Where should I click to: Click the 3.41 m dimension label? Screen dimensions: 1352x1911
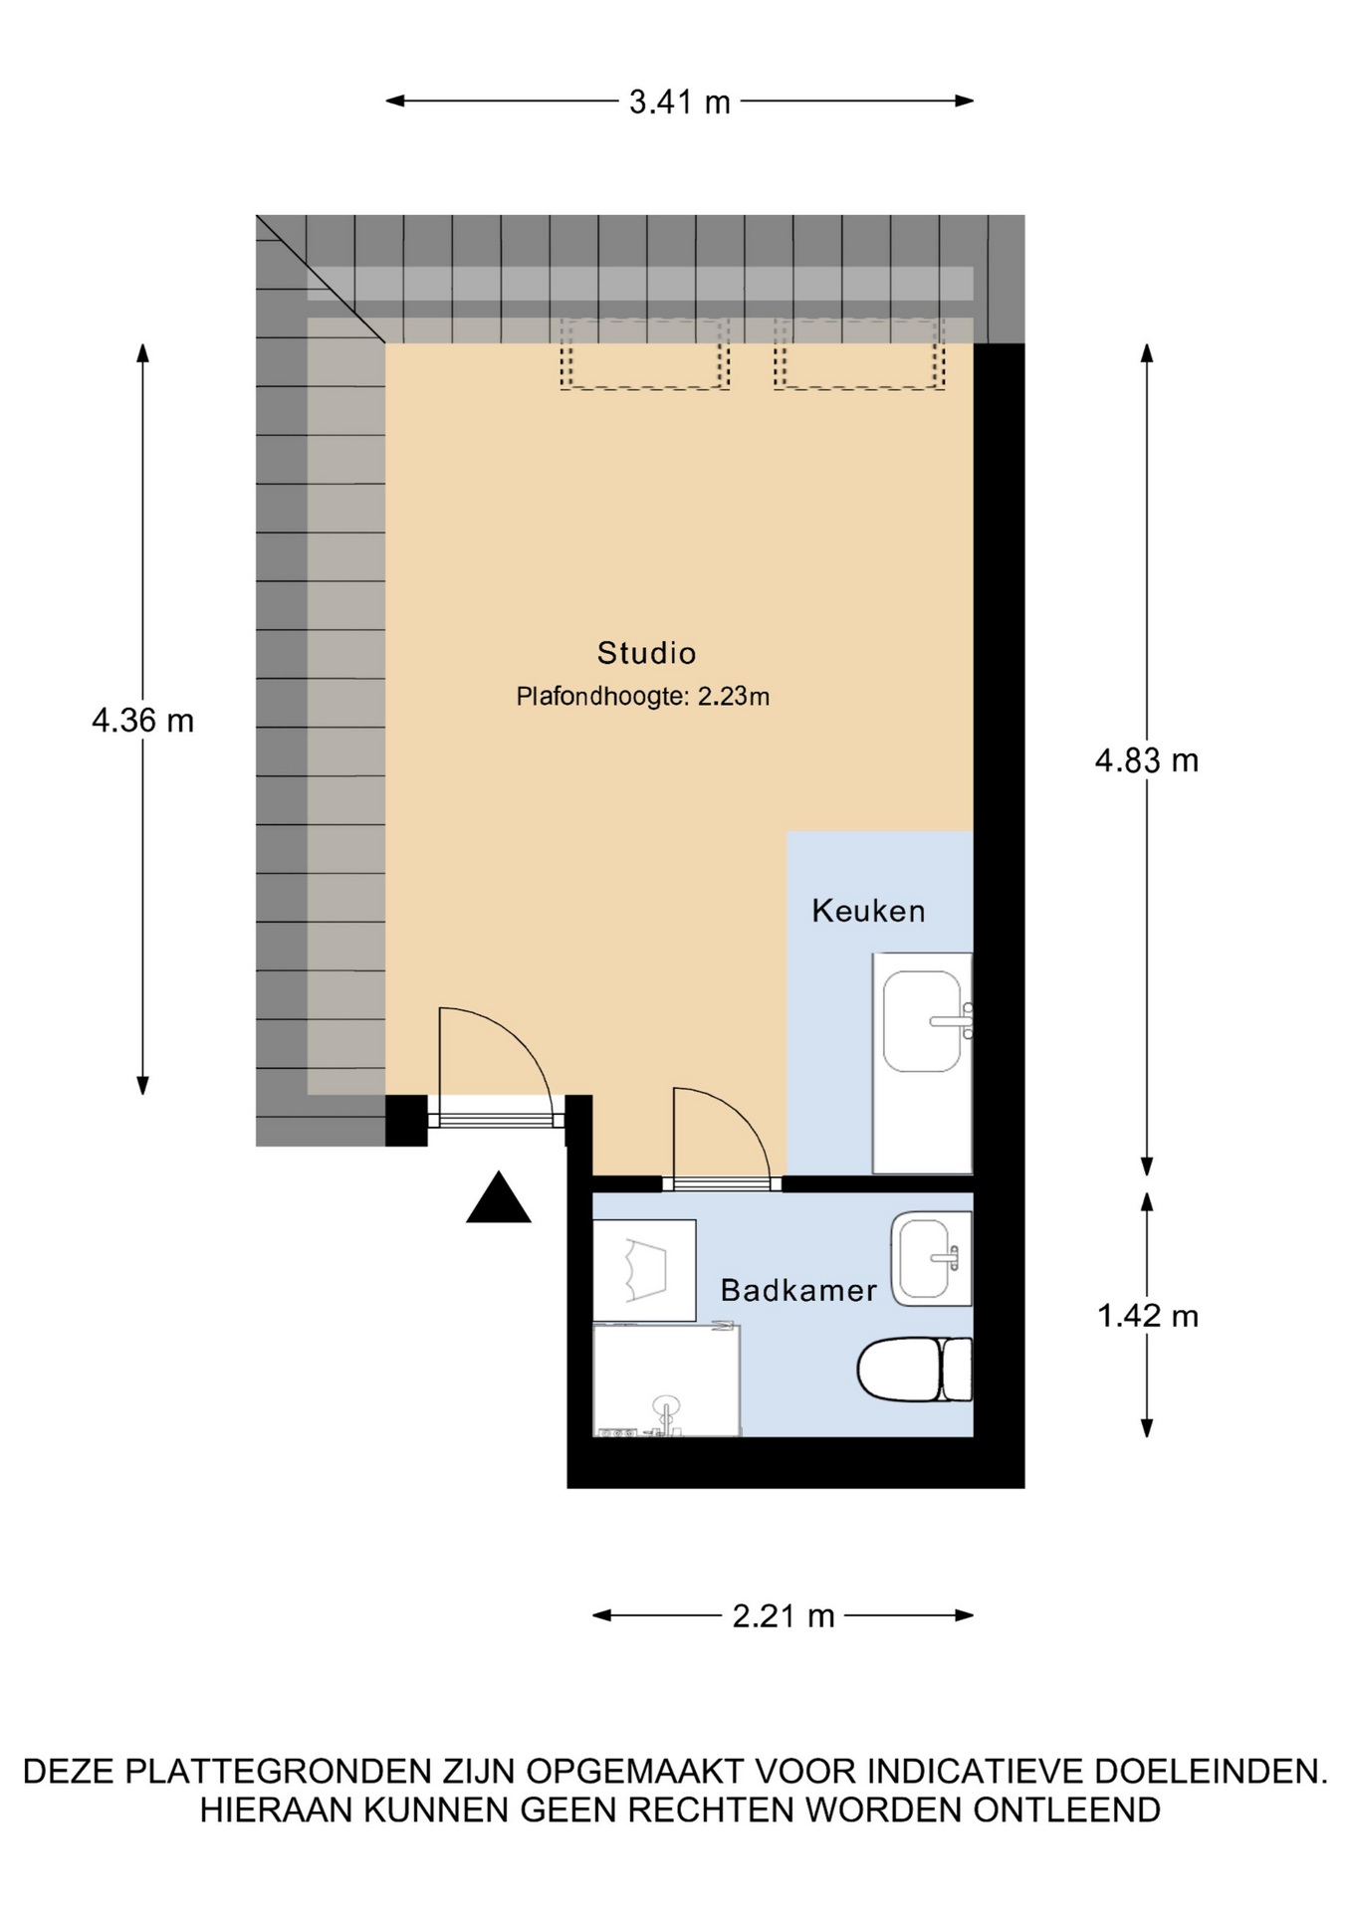pos(679,102)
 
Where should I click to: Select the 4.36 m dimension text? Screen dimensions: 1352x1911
pos(142,720)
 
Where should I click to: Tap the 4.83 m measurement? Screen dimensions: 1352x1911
pos(1147,761)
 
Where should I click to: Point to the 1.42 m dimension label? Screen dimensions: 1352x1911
pos(1148,1316)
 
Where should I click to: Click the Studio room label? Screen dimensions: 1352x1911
pos(646,653)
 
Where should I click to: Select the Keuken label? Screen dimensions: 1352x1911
pos(868,911)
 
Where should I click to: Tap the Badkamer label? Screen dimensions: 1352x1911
pos(798,1291)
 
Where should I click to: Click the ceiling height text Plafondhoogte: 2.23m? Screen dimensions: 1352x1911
pos(642,697)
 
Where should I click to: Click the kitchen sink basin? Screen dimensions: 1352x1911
pos(923,1021)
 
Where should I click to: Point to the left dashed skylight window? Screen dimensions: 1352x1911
pos(645,353)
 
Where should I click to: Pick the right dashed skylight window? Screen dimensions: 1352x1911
pos(859,353)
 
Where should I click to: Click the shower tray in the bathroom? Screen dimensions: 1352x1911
pos(666,1380)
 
